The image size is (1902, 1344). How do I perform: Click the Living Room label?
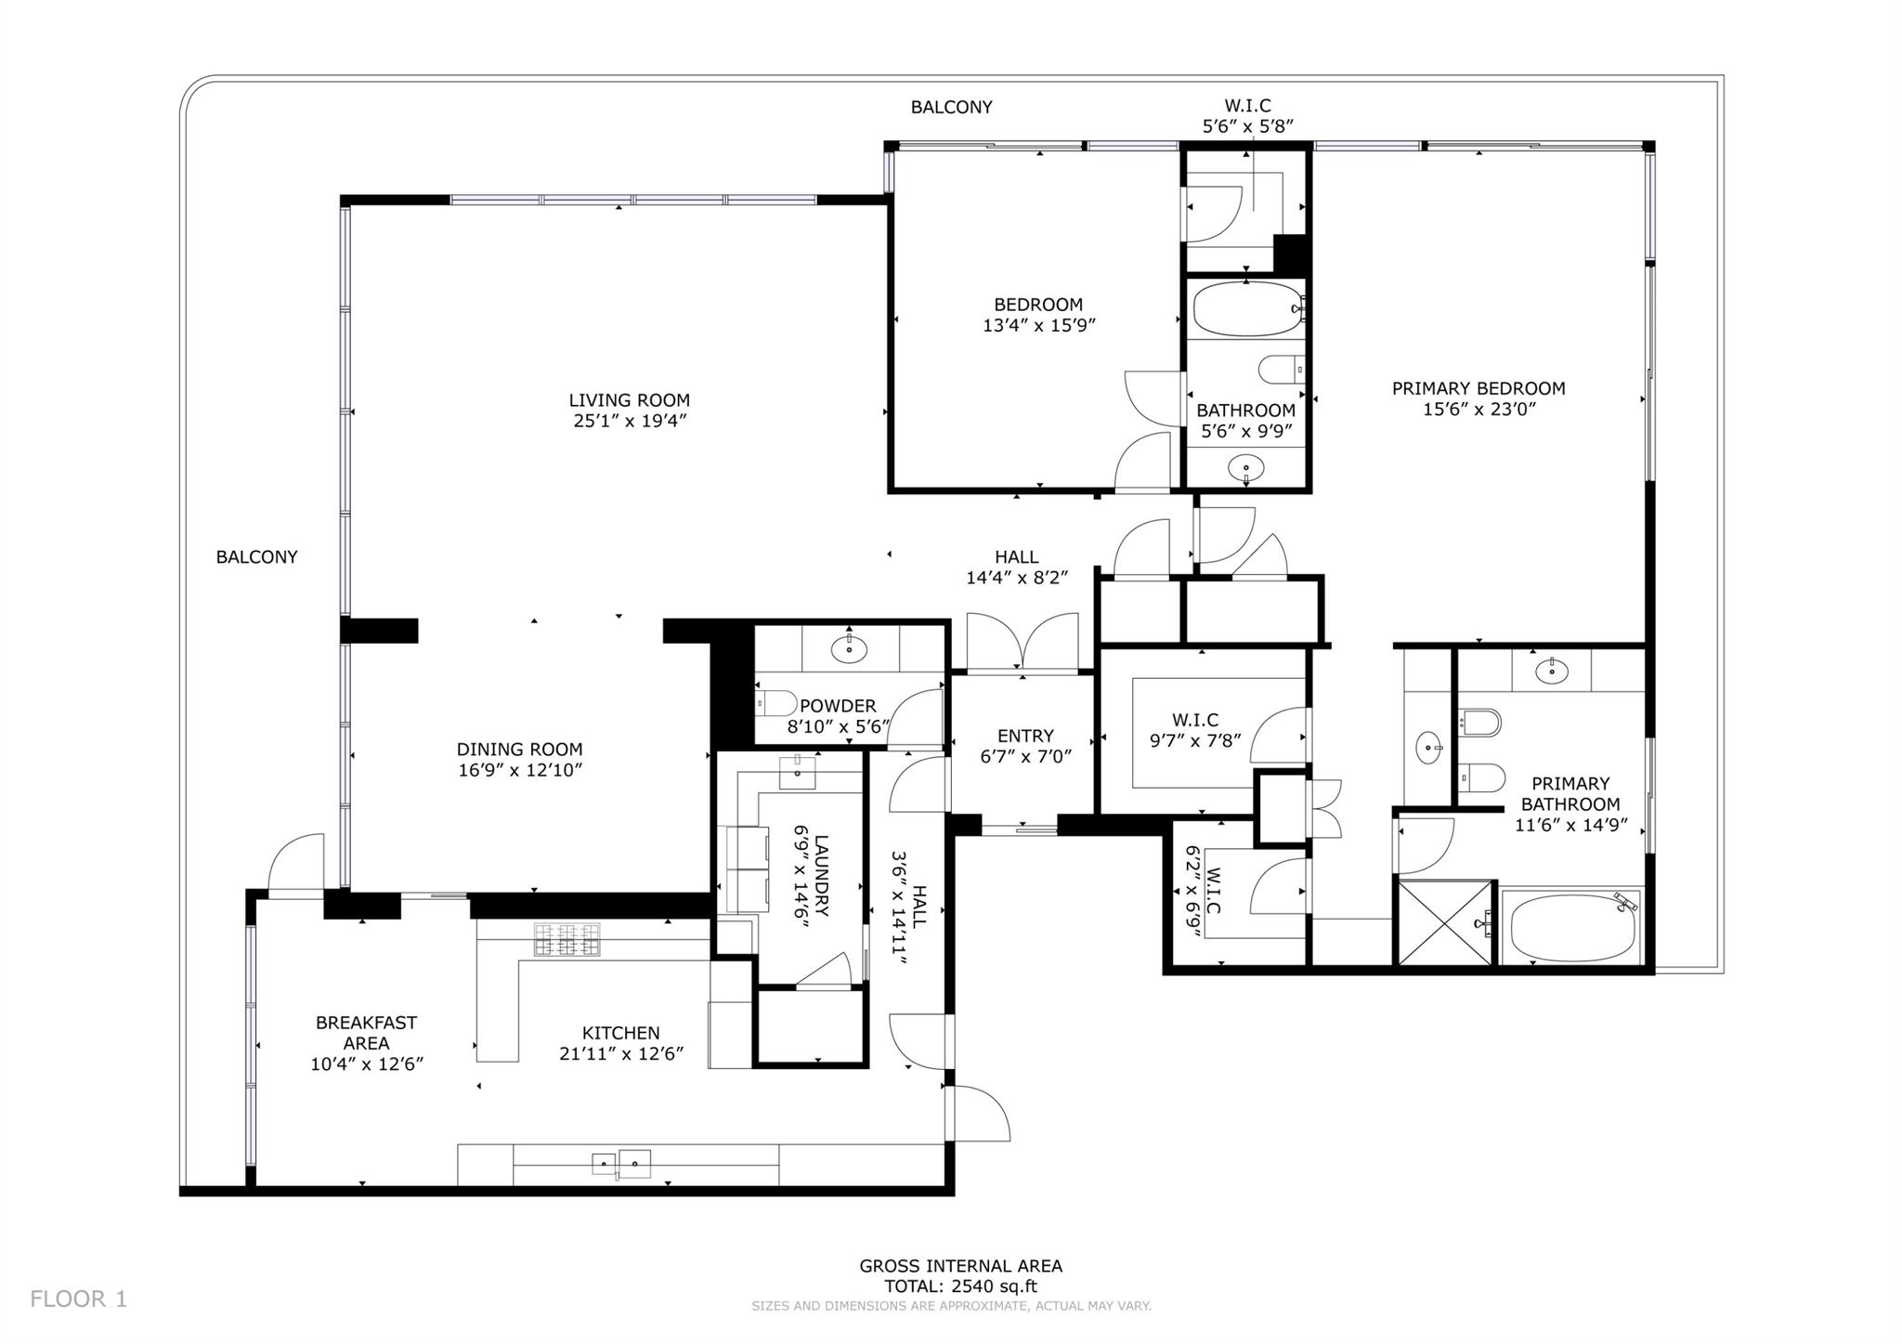629,400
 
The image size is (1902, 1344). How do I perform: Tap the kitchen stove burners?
566,939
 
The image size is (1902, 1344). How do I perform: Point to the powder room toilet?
774,703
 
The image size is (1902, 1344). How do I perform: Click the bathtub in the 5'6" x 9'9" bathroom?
1245,309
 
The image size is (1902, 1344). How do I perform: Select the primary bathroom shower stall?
1444,922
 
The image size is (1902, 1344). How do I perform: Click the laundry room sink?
797,772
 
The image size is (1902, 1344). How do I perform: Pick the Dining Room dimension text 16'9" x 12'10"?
519,770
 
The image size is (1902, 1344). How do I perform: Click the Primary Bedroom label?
1478,388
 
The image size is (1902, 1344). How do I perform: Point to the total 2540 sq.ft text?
960,1286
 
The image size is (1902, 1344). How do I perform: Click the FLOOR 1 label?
78,1298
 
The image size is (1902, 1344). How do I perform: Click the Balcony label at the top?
951,107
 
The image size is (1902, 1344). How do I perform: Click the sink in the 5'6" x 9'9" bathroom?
1245,467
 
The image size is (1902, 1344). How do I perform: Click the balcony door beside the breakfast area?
296,864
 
